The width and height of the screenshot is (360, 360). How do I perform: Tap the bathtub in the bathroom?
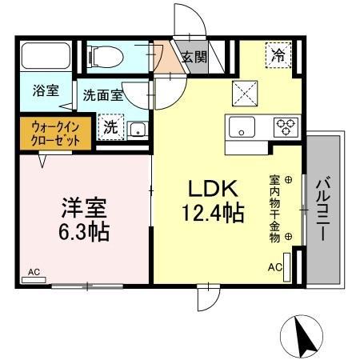pyautogui.click(x=47, y=55)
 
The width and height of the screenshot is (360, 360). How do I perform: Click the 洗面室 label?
pyautogui.click(x=103, y=95)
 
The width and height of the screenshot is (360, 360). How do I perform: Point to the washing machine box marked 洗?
pyautogui.click(x=110, y=126)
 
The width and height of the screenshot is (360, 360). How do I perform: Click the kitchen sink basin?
pyautogui.click(x=241, y=126)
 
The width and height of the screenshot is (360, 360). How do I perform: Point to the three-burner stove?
pyautogui.click(x=284, y=126)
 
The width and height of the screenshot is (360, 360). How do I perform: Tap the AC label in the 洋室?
pyautogui.click(x=34, y=272)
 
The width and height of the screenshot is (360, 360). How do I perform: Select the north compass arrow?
pyautogui.click(x=303, y=336)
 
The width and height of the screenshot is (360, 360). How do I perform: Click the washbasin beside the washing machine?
pyautogui.click(x=137, y=128)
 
